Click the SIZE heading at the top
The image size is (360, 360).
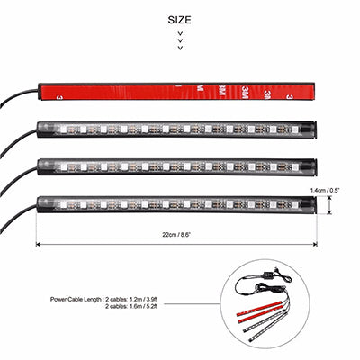pos(179,20)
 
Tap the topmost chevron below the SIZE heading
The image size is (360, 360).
pos(180,33)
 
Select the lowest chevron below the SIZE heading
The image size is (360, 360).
pos(180,48)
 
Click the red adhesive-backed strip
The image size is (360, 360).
pos(177,92)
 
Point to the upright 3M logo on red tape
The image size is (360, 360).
pos(247,90)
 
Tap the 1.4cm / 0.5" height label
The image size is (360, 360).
pos(325,190)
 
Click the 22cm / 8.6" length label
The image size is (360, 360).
pos(176,235)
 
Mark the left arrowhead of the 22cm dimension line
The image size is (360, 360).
pos(38,245)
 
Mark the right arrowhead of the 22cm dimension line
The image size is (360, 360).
pos(315,245)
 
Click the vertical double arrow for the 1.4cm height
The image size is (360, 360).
pos(329,205)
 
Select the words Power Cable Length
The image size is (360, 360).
pos(75,300)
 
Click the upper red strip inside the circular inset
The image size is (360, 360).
pos(259,309)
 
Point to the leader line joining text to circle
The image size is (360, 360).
pos(192,303)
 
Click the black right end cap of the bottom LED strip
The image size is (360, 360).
pos(309,204)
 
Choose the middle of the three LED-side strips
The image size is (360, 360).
pos(177,167)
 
